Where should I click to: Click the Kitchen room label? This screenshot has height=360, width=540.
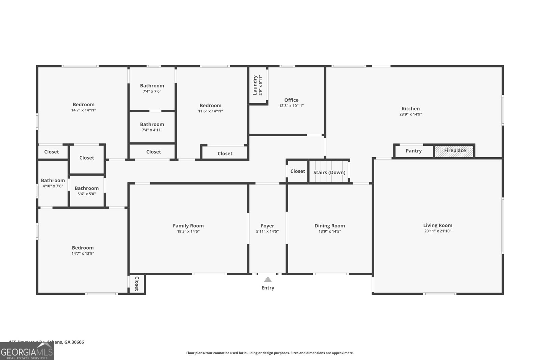(x=410, y=109)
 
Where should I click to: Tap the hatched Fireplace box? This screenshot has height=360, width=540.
(x=454, y=151)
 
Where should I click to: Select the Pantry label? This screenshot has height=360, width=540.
(x=413, y=151)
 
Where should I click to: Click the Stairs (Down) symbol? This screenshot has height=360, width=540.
(x=329, y=172)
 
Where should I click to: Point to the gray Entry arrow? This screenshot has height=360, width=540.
(x=268, y=279)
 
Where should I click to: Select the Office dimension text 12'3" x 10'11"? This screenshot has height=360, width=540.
(x=291, y=106)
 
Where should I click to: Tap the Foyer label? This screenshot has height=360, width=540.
(x=267, y=226)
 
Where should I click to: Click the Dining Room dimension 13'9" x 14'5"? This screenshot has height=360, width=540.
(x=329, y=231)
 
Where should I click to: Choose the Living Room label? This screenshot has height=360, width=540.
(x=437, y=225)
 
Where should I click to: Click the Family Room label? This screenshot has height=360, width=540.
(x=188, y=226)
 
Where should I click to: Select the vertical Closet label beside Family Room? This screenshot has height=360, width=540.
(x=137, y=284)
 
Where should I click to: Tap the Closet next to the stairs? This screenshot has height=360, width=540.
(x=297, y=171)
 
